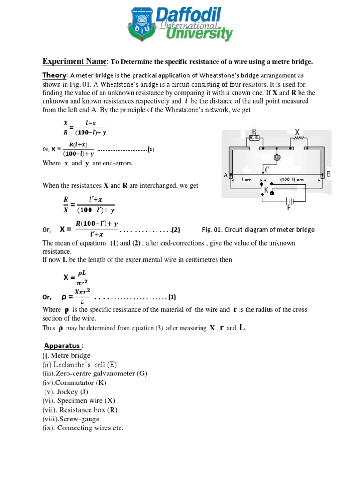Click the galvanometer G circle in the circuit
point(277,157)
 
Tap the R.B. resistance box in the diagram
point(254,138)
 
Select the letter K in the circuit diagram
point(266,190)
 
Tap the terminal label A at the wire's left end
point(226,175)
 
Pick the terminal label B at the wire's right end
point(329,174)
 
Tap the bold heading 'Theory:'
point(55,75)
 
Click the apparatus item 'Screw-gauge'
point(78,419)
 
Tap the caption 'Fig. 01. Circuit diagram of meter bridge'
point(258,230)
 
